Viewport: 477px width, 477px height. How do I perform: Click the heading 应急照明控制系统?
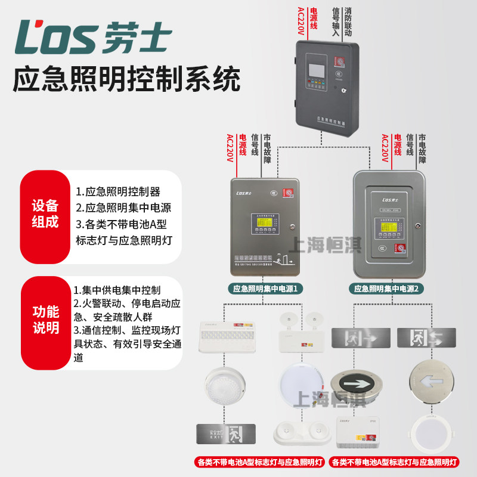tap(126, 79)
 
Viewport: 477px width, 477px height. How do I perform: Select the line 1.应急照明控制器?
tap(118, 192)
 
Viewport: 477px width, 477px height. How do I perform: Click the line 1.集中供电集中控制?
tap(117, 290)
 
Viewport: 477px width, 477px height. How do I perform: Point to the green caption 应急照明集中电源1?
tap(265, 289)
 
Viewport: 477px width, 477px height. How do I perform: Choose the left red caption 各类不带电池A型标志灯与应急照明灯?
tap(261, 462)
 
